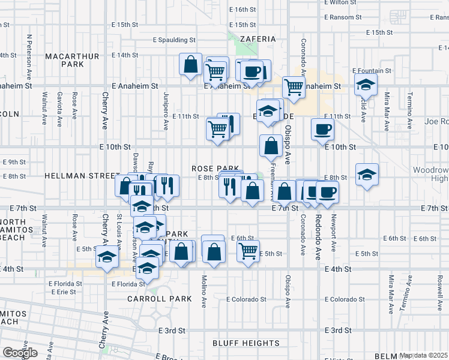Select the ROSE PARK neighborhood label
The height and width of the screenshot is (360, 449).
coord(215,169)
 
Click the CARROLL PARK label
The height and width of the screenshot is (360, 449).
coord(159,298)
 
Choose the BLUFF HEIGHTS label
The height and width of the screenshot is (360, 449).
coord(246,343)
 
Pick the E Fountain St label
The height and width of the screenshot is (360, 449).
coord(372,71)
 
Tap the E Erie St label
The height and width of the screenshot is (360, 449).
coord(65,292)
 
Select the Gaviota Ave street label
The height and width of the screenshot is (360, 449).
coord(59,109)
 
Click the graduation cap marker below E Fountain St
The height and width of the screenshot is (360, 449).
coord(365,86)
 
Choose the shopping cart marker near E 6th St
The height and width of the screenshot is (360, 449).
coord(248,250)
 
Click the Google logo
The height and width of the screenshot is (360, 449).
coord(20,352)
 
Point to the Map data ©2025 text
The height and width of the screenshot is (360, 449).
coord(423,355)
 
